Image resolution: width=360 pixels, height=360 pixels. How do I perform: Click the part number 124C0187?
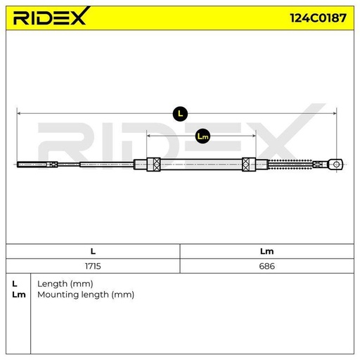coord(318,18)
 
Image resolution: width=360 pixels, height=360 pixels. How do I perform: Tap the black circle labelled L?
coord(180,114)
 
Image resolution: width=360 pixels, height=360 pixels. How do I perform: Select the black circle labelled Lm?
coord(202,136)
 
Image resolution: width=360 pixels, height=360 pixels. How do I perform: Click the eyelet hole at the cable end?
coord(337,165)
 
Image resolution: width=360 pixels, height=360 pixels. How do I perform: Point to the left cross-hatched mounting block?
coord(153,165)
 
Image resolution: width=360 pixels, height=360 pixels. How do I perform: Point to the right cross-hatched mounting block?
coord(249,165)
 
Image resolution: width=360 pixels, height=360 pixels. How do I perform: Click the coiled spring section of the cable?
coord(290,165)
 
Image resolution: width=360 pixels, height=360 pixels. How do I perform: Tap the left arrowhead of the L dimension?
coord(19,113)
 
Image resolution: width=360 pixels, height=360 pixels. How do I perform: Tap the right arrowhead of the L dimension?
coord(335,113)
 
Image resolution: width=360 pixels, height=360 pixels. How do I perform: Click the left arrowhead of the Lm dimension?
coord(148,136)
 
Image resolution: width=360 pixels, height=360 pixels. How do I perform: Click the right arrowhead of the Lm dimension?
coord(254,136)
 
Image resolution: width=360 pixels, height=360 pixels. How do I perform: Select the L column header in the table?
coord(93,251)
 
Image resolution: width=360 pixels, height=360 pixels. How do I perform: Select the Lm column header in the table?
coord(266,251)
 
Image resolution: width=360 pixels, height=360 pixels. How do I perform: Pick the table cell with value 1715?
coord(93,266)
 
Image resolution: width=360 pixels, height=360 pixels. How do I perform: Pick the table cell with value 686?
coord(267,266)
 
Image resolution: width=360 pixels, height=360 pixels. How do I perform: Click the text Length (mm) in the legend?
coord(65,284)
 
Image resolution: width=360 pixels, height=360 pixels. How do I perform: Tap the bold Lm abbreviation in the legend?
coord(19,295)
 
